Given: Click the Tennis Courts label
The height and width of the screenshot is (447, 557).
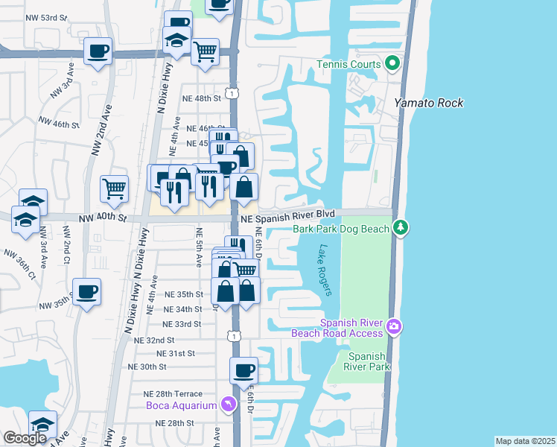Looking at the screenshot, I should tap(348, 64).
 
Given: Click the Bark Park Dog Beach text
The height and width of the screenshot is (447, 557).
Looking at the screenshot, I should tap(341, 229).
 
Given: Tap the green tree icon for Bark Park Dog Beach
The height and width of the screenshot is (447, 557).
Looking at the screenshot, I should tap(401, 226).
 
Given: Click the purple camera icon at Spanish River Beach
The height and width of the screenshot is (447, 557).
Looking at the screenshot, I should tap(393, 326).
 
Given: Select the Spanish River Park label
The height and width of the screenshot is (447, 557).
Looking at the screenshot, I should tap(366, 361).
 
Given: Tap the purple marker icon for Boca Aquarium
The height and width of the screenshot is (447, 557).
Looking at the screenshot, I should tap(229, 405).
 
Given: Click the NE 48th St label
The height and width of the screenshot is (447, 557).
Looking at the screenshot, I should tap(203, 98).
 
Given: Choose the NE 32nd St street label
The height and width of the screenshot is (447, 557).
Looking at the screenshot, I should tap(154, 339).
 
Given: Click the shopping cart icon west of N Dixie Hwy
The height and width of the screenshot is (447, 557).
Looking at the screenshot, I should tap(114, 188).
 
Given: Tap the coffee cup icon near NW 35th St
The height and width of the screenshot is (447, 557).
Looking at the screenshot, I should tap(87, 291).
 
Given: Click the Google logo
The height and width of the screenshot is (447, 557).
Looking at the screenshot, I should tap(25, 438).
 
